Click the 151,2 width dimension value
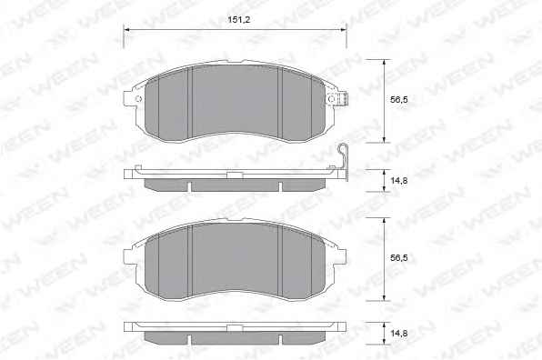[238, 20]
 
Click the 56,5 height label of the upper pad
[399, 100]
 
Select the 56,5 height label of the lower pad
[399, 258]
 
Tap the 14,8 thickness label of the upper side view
[399, 180]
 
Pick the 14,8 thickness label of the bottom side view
[399, 334]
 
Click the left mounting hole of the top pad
[138, 99]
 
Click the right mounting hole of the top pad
[331, 99]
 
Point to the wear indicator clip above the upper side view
[343, 160]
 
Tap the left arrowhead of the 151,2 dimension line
[126, 30]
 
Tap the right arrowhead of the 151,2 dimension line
[343, 30]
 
